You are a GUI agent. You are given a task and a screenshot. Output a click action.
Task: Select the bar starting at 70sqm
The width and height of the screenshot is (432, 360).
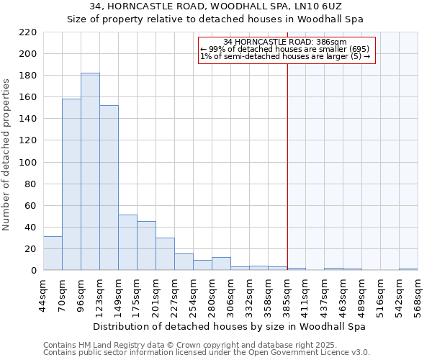(71, 184)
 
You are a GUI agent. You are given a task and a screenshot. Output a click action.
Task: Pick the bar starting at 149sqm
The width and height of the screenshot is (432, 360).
(127, 242)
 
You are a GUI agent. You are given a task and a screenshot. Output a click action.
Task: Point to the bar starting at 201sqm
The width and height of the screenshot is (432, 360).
(165, 253)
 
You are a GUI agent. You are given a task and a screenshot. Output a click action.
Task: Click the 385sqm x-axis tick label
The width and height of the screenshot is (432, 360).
(287, 294)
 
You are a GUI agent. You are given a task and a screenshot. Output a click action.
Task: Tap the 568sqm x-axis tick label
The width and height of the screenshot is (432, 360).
(418, 294)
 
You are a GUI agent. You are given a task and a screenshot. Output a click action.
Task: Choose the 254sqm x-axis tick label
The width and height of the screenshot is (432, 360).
(194, 294)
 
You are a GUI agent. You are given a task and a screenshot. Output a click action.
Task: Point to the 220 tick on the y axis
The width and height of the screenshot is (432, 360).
(29, 32)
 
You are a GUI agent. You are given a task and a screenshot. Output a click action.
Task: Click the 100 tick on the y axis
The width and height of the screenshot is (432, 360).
(29, 162)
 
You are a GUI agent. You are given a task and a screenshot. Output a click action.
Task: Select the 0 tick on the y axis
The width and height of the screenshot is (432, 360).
(34, 271)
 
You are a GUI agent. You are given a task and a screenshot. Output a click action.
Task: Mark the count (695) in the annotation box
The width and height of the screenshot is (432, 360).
(355, 49)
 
